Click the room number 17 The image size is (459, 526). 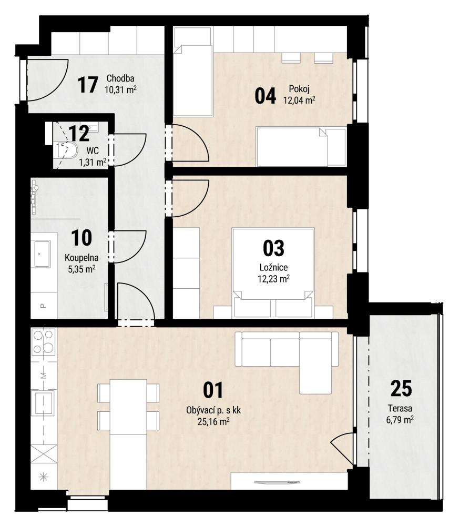tap(88, 85)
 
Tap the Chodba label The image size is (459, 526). tap(120, 78)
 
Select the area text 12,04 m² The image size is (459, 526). tap(299, 100)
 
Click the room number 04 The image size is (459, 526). tap(265, 96)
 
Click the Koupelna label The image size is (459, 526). tap(81, 258)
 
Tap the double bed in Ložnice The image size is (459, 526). tap(273, 264)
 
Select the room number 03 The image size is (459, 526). tap(273, 248)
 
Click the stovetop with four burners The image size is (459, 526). tap(43, 341)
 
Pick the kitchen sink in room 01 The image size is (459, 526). tap(43, 402)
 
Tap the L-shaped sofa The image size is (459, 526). tap(287, 356)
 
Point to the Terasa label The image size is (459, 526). tap(400, 408)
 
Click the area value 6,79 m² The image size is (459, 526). tap(400, 419)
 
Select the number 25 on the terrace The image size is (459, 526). tap(401, 389)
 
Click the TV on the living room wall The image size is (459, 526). tap(277, 482)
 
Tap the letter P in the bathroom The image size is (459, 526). tap(43, 306)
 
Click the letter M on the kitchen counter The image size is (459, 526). tap(44, 376)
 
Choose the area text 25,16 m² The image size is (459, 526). tap(213, 421)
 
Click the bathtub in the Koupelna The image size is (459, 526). tap(41, 254)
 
